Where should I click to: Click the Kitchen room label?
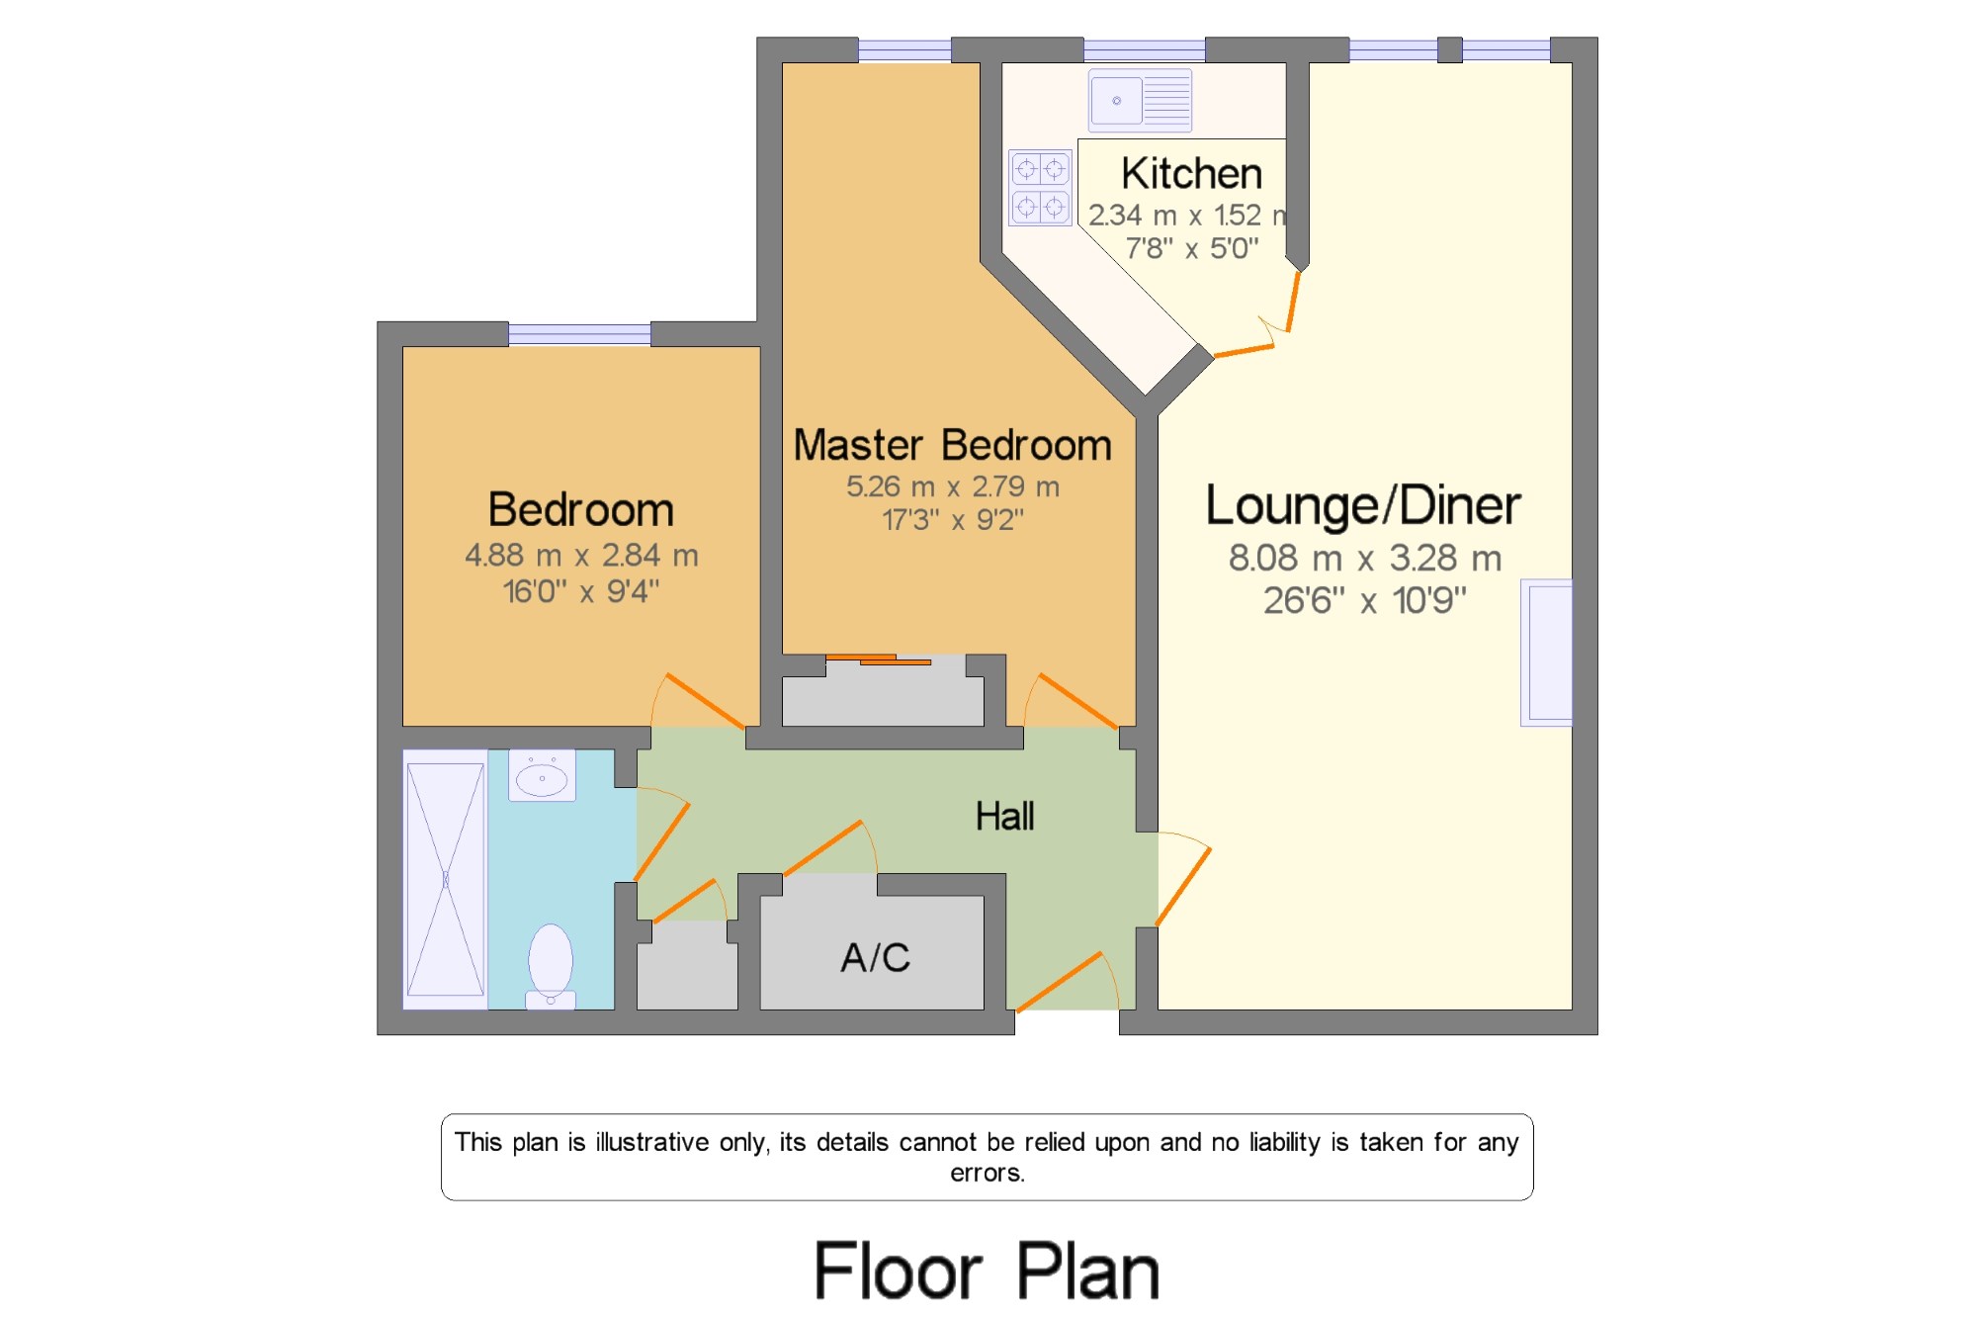(1191, 174)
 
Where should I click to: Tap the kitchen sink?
(1140, 101)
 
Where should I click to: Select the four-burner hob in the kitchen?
(1040, 187)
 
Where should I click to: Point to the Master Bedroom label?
(953, 445)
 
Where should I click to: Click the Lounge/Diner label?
(1363, 505)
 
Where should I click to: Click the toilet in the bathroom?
(551, 966)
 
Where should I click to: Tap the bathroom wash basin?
(542, 775)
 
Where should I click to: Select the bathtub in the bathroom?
(446, 880)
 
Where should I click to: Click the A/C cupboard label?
(875, 957)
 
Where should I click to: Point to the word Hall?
(1004, 817)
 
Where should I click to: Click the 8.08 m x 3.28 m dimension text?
(1365, 559)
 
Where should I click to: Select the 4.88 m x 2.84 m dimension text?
(581, 556)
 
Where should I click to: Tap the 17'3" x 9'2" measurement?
(953, 520)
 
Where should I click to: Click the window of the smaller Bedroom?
(579, 334)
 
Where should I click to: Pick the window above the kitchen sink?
(1145, 49)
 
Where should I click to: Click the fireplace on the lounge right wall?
(1547, 653)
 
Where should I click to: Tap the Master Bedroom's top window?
(904, 49)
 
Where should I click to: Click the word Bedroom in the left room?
(581, 510)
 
